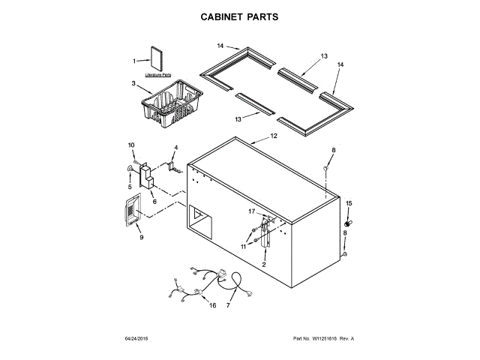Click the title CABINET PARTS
tap(240, 16)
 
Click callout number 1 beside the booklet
tap(136, 61)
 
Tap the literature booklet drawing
tap(157, 59)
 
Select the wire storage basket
tap(169, 104)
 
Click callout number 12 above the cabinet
tap(274, 136)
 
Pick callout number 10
tap(130, 145)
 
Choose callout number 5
tap(129, 187)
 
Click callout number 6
tap(154, 202)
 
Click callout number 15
tap(348, 203)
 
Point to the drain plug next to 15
tap(348, 223)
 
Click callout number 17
tap(252, 211)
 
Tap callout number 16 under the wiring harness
tap(212, 306)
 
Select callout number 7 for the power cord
tap(228, 305)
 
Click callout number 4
tap(175, 147)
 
